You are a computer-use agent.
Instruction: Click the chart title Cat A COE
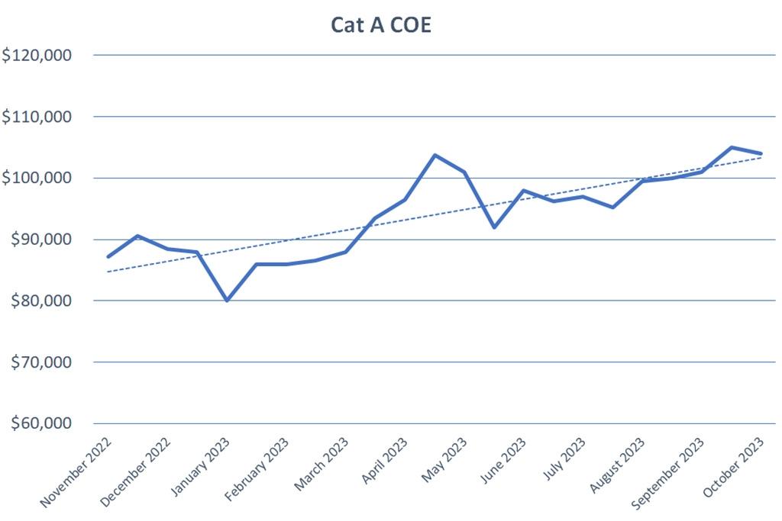[381, 24]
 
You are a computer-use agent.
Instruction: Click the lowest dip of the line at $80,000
[227, 301]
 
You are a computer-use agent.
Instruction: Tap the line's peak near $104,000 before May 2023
[435, 155]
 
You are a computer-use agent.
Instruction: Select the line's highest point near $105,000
[732, 147]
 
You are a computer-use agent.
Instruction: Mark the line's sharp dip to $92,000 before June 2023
[494, 227]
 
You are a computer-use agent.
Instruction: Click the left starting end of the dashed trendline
[108, 272]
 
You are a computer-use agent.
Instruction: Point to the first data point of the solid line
[108, 256]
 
